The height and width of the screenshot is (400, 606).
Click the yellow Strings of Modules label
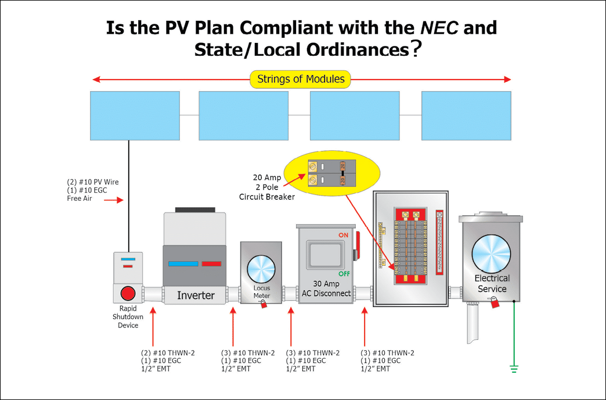click(301, 79)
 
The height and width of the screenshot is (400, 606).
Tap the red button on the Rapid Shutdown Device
click(128, 293)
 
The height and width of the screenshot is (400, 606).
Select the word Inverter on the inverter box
click(196, 296)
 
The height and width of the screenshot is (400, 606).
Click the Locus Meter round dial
click(261, 269)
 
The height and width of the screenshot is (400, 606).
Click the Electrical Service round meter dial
click(491, 253)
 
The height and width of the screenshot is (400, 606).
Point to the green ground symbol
click(513, 367)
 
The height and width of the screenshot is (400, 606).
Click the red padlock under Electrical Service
click(494, 302)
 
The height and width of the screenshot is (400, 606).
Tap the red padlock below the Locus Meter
click(264, 304)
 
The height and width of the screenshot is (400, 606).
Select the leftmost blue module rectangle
click(134, 116)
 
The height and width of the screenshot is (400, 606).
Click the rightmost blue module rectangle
click(466, 116)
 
